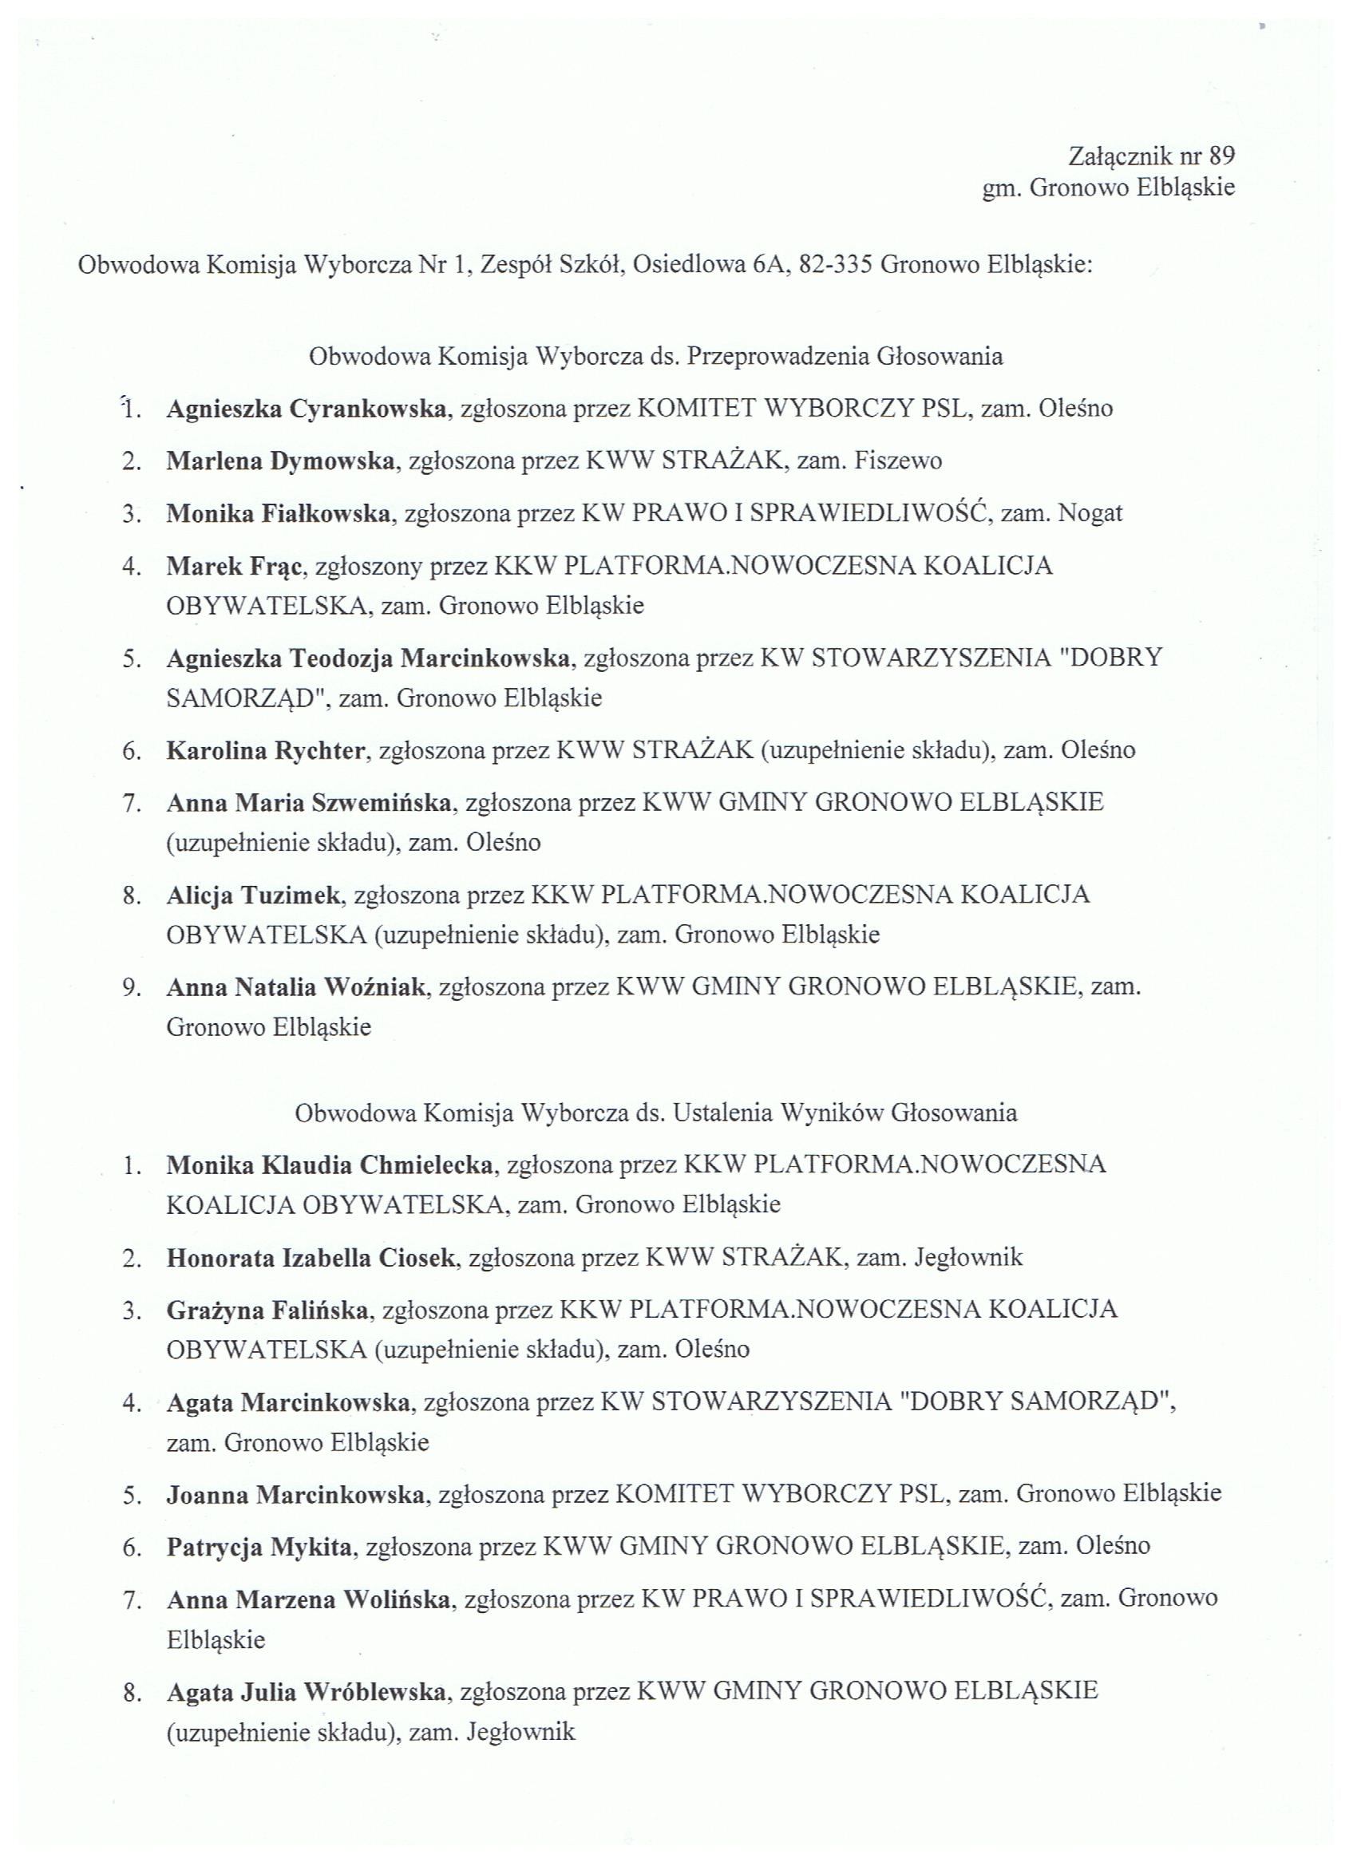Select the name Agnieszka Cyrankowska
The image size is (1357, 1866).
click(307, 408)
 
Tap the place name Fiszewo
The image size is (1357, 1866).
click(898, 461)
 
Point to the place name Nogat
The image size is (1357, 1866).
click(1090, 513)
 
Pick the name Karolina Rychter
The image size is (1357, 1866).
click(266, 750)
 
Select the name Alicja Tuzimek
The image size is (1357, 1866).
click(254, 895)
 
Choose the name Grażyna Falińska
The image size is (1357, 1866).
click(267, 1310)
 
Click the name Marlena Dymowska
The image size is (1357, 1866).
click(281, 461)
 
